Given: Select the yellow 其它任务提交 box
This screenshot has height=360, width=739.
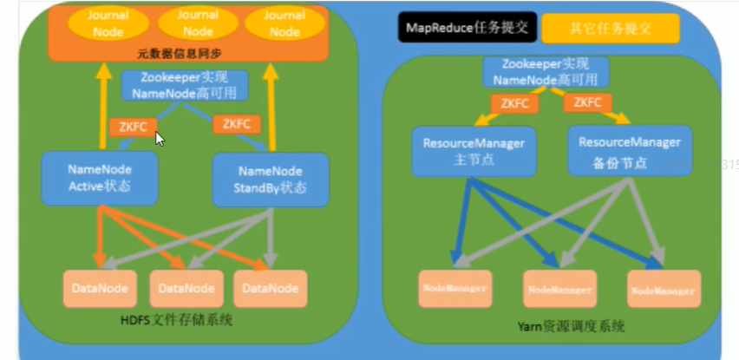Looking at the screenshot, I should pos(611,27).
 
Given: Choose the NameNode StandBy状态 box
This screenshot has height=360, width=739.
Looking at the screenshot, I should pos(271,180).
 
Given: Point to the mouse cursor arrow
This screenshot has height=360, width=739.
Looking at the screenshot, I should pos(160,138).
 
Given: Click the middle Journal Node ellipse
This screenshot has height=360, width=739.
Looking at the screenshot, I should pos(186,23).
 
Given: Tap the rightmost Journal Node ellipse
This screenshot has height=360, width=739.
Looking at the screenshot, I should pos(284,23).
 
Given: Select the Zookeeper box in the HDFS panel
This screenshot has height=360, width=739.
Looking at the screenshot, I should pos(184,84).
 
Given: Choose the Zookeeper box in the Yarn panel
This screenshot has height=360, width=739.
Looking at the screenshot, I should pos(546,72).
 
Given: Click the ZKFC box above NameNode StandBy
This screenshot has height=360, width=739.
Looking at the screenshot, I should pos(236,124).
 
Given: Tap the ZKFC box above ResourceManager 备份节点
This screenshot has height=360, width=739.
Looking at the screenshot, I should pos(588,103).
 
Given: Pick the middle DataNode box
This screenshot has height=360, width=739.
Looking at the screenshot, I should pos(185,288).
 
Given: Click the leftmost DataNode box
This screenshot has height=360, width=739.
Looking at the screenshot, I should pos(99,288).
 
